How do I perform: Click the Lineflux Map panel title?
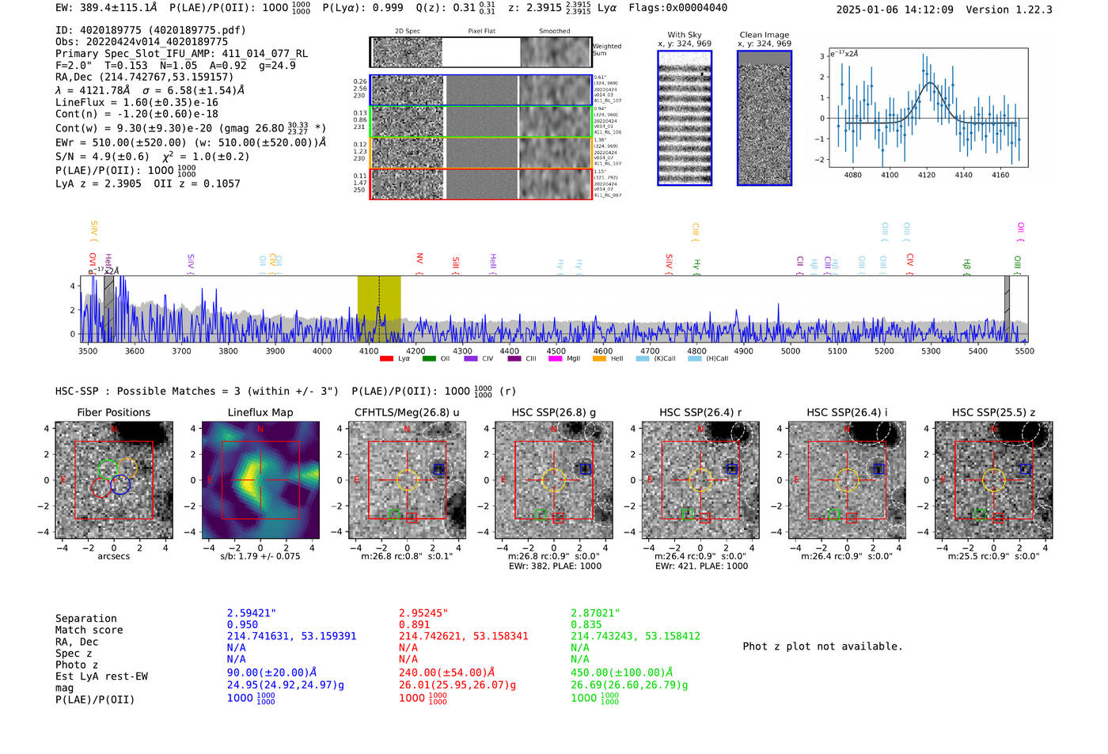[x=260, y=412]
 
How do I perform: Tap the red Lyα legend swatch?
[x=386, y=358]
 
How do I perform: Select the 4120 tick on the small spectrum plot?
[x=926, y=175]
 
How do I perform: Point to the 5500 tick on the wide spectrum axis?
[x=1024, y=351]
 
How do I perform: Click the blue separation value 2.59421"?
[x=252, y=613]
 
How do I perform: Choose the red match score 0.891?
[x=414, y=624]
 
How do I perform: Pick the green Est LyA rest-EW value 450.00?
[x=621, y=673]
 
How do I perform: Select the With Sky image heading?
[x=685, y=35]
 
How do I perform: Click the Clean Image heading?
[x=765, y=35]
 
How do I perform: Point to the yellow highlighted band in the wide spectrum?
[x=378, y=309]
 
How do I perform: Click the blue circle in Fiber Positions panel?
[x=120, y=485]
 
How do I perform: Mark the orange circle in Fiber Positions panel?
[x=127, y=467]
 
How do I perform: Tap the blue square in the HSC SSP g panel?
[x=586, y=468]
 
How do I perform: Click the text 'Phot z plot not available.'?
[x=822, y=646]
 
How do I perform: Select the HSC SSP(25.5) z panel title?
[x=993, y=412]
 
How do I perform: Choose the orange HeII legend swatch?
[x=599, y=358]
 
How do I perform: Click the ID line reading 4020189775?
[x=150, y=30]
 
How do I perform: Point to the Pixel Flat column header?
[x=481, y=32]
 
